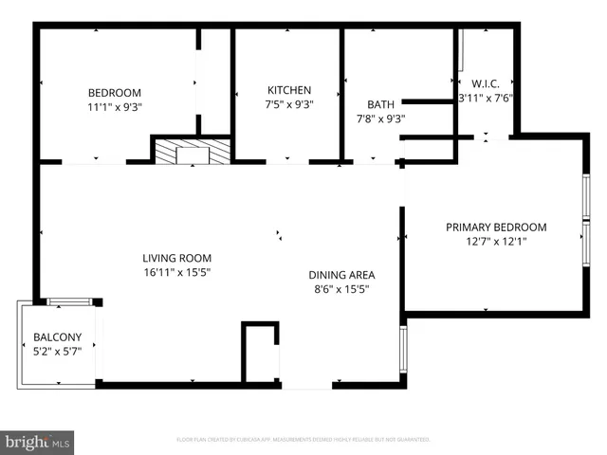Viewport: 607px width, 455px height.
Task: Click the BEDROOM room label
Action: click(115, 92)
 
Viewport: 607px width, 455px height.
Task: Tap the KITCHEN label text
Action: click(289, 90)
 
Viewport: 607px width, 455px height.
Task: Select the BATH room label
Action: click(380, 104)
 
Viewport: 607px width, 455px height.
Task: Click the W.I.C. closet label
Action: click(486, 83)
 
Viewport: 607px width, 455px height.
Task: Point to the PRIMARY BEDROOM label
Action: click(496, 227)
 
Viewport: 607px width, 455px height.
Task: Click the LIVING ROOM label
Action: click(176, 257)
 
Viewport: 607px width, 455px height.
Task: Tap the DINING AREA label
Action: click(338, 274)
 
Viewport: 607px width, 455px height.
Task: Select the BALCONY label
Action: click(58, 337)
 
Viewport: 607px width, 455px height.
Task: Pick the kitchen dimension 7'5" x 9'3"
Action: click(289, 104)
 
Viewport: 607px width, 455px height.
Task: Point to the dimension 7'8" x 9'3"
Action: click(380, 118)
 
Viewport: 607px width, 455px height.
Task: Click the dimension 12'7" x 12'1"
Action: click(496, 241)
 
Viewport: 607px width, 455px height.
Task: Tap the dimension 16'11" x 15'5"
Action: click(176, 272)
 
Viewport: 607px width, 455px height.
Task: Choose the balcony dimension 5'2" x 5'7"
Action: click(58, 351)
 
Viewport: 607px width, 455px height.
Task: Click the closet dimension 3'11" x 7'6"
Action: click(486, 98)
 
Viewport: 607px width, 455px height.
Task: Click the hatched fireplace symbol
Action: click(193, 151)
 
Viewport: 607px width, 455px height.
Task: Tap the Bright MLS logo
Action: click(38, 441)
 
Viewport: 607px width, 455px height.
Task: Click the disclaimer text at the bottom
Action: click(303, 440)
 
